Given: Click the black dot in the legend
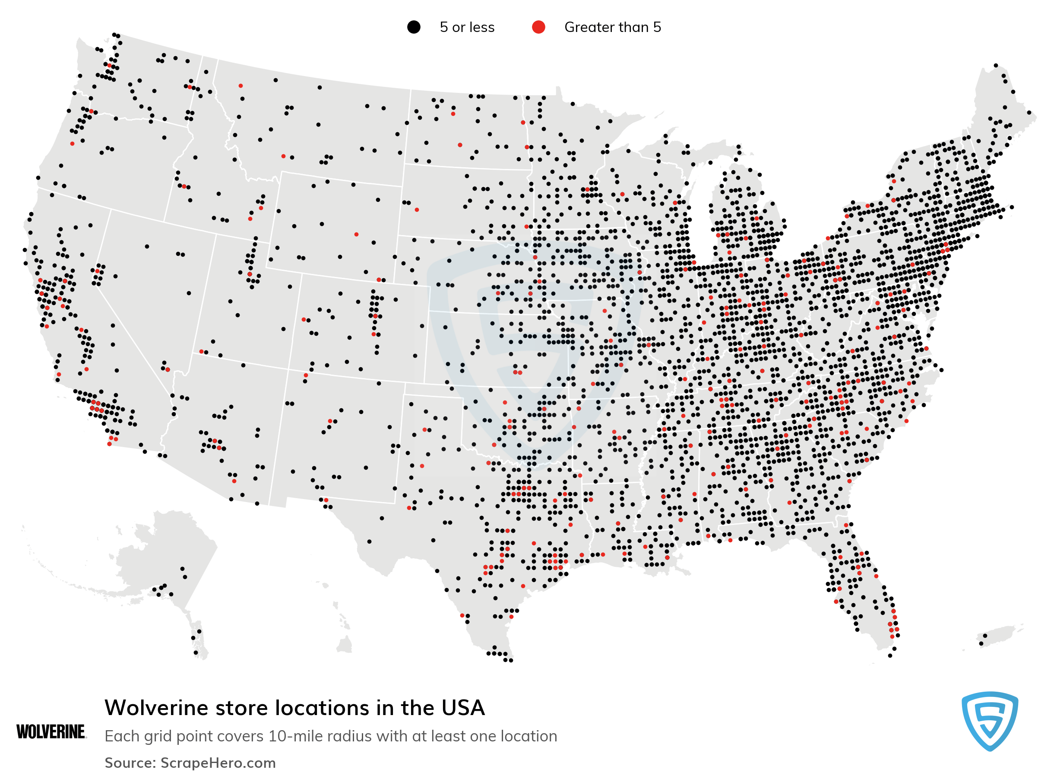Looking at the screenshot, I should pyautogui.click(x=413, y=27).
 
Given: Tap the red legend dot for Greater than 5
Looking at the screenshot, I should pyautogui.click(x=538, y=27).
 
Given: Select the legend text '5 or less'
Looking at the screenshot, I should pyautogui.click(x=466, y=27).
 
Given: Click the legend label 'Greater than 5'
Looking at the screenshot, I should pyautogui.click(x=612, y=27).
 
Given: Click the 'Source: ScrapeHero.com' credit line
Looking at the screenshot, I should pyautogui.click(x=190, y=763).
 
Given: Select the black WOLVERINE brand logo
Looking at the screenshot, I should pyautogui.click(x=51, y=732).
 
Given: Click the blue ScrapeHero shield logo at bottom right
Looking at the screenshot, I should pyautogui.click(x=990, y=720).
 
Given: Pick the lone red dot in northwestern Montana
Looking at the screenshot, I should pyautogui.click(x=241, y=86).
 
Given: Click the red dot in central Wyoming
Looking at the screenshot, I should pyautogui.click(x=356, y=234).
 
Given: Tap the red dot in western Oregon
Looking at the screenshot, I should pyautogui.click(x=72, y=143).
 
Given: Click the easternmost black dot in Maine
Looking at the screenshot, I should pyautogui.click(x=1029, y=113).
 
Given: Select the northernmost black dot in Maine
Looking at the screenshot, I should pyautogui.click(x=995, y=66).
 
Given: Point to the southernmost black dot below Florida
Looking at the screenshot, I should pyautogui.click(x=890, y=655).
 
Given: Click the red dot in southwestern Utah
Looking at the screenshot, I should pyautogui.click(x=201, y=351).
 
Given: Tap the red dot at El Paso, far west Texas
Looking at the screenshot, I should pyautogui.click(x=326, y=500).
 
